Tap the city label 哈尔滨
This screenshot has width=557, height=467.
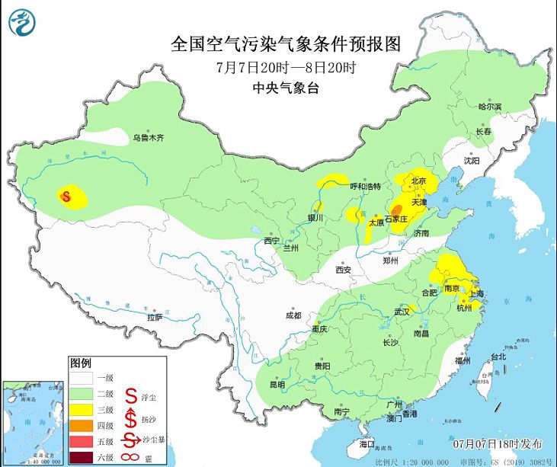(490, 107)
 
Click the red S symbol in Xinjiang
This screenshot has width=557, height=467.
(66, 197)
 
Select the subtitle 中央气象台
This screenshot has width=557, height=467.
(285, 88)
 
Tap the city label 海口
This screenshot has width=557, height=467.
(367, 443)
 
